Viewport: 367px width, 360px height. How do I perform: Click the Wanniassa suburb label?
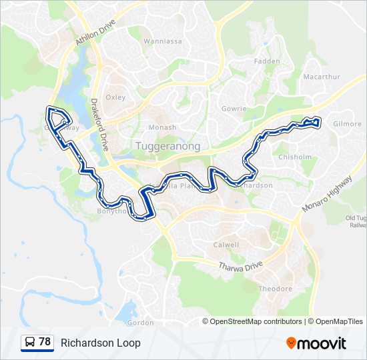163,41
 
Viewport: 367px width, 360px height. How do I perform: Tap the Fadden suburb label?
267,61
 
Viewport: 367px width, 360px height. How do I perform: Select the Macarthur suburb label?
322,77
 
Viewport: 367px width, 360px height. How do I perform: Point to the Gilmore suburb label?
347,124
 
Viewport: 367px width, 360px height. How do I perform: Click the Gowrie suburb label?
234,109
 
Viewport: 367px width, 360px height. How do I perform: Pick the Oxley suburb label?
115,97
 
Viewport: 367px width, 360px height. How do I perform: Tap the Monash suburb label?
162,127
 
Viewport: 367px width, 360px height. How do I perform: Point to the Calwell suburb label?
226,245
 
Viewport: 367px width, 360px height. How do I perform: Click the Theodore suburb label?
276,289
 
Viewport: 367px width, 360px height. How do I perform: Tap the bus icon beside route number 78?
30,342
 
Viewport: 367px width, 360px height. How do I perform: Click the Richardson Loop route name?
100,343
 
